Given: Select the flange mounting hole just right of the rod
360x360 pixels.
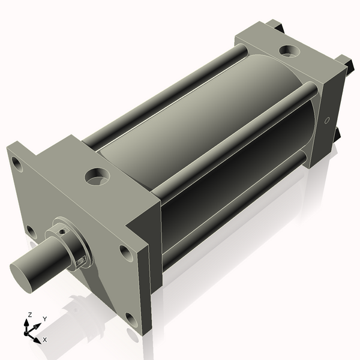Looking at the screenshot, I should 124,251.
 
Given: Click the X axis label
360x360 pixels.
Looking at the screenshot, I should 44,340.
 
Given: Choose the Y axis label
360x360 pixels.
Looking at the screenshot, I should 44,319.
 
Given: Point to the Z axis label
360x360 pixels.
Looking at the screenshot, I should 30,314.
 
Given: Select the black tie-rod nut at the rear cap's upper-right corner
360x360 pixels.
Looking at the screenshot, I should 344,61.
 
